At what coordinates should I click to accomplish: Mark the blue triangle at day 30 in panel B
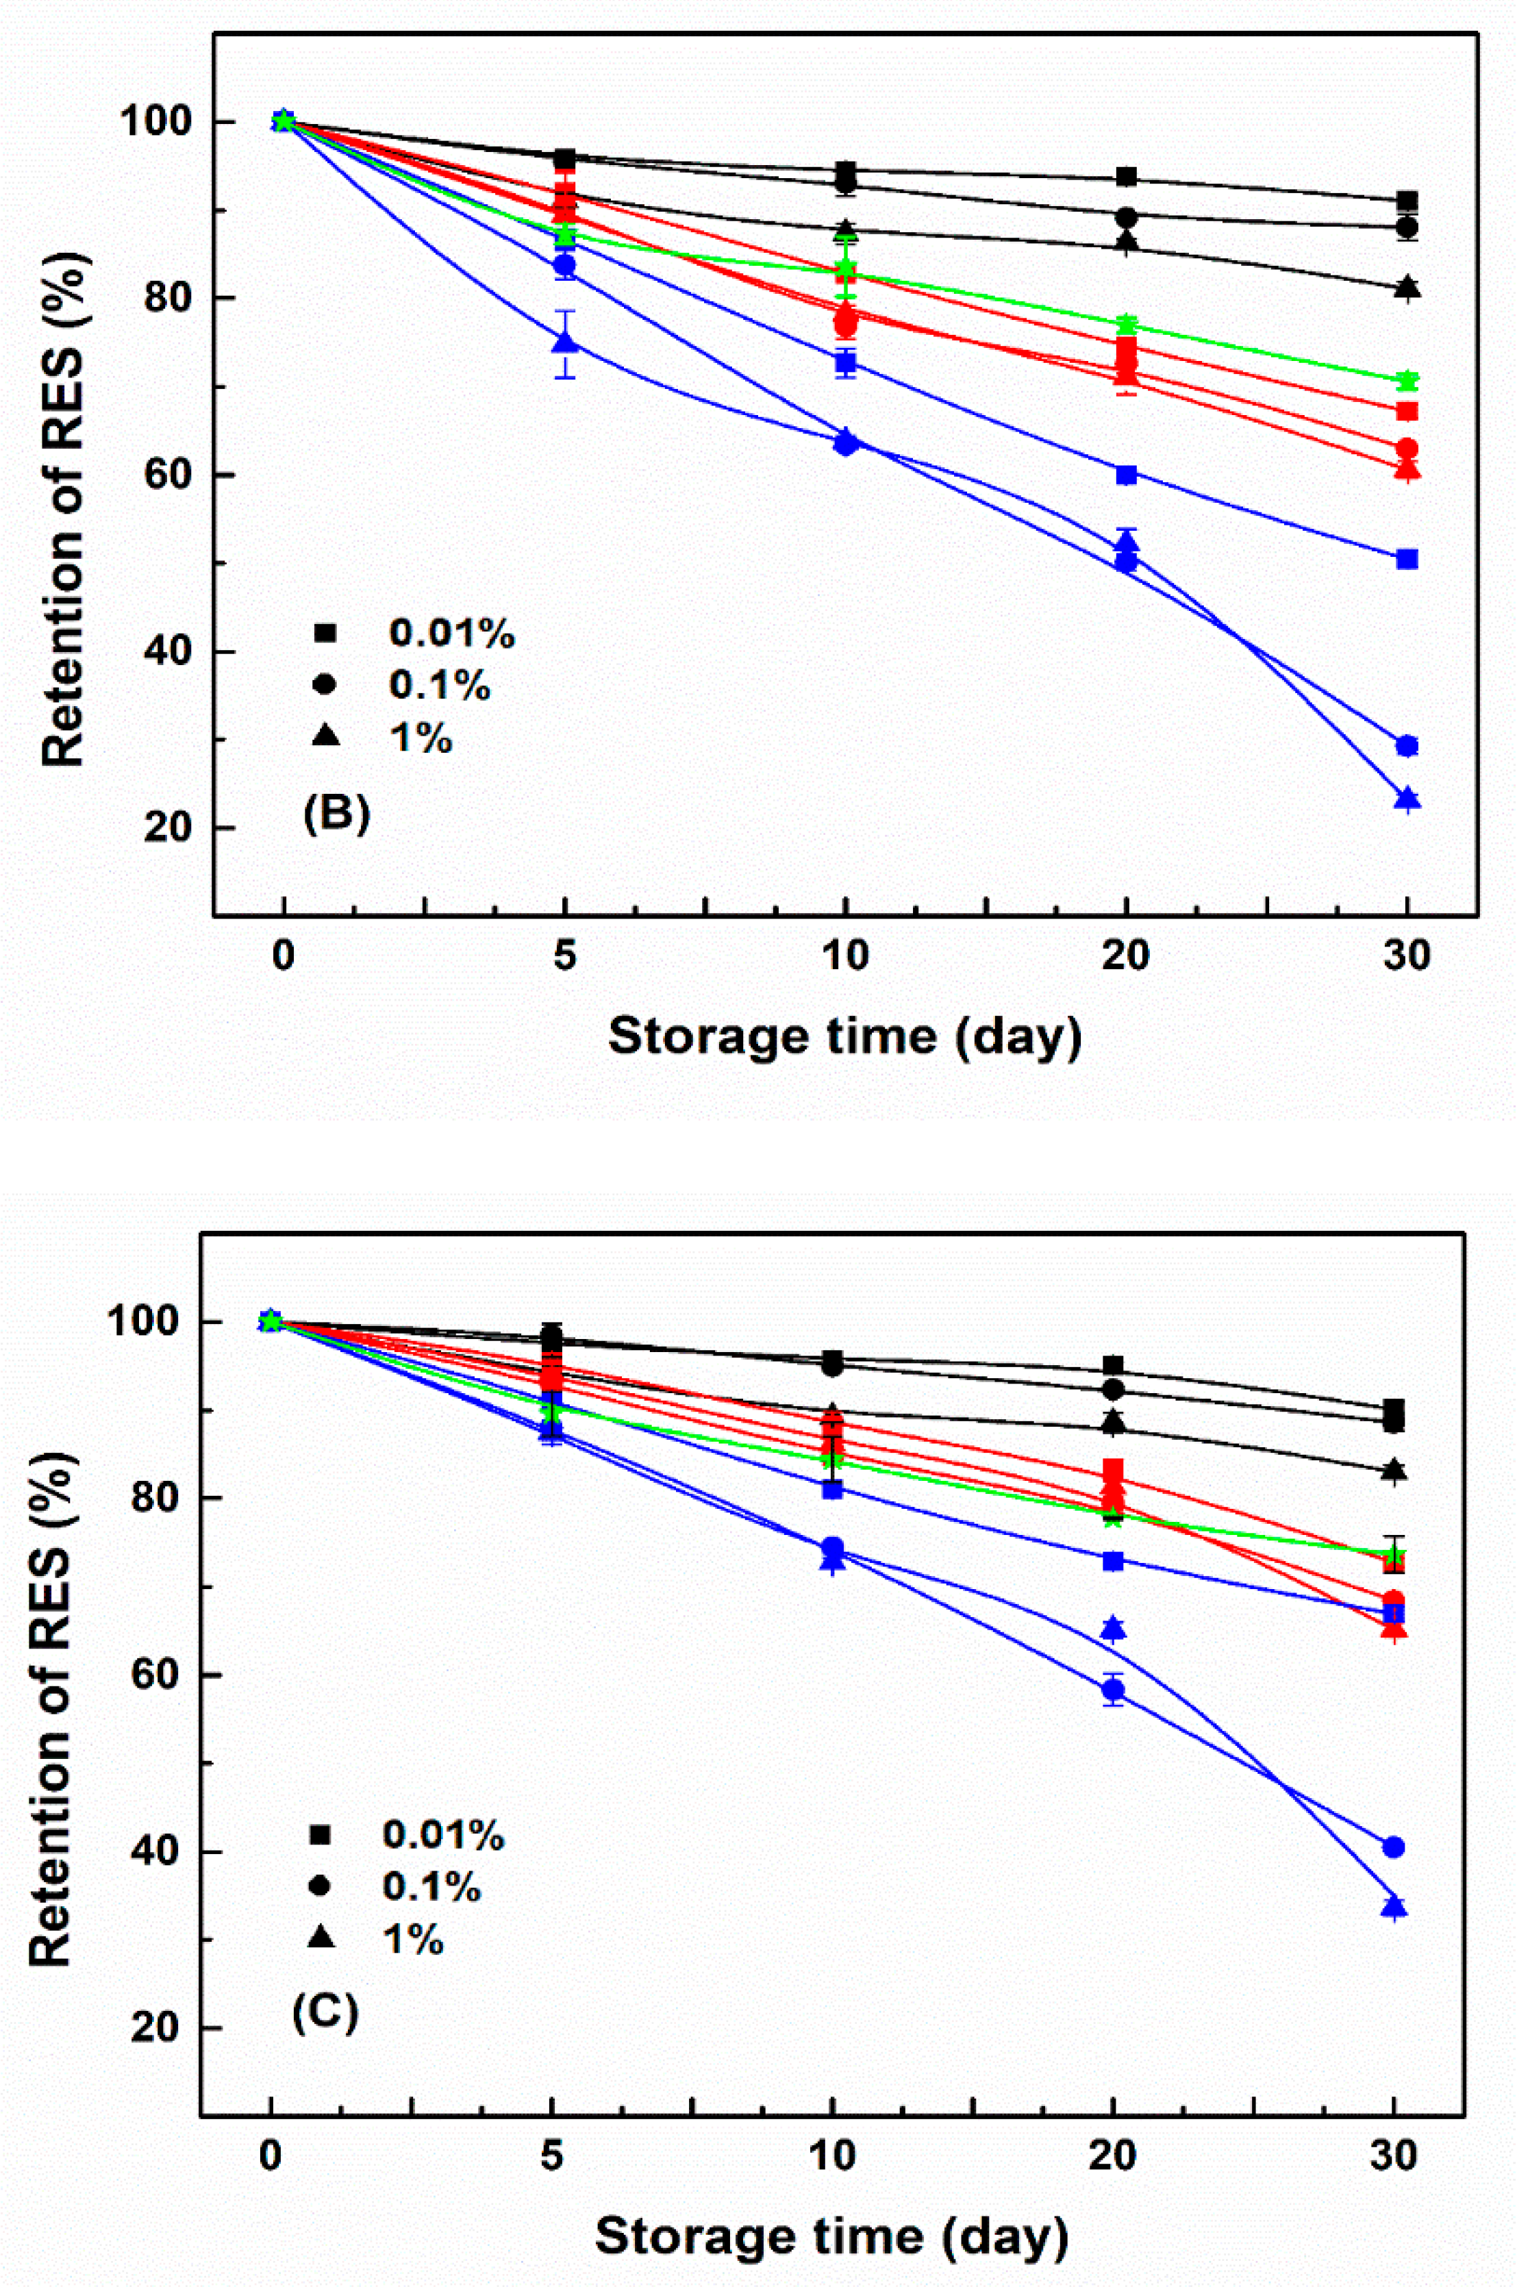pos(1407,799)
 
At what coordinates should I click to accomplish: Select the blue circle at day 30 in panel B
pos(1407,745)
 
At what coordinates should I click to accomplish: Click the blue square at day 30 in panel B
pos(1407,559)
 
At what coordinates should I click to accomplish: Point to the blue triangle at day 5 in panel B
pos(566,342)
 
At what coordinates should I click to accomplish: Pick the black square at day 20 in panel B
pos(1126,177)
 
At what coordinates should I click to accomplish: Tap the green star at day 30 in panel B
pos(1407,380)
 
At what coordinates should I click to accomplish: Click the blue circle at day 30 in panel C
pos(1393,1847)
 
